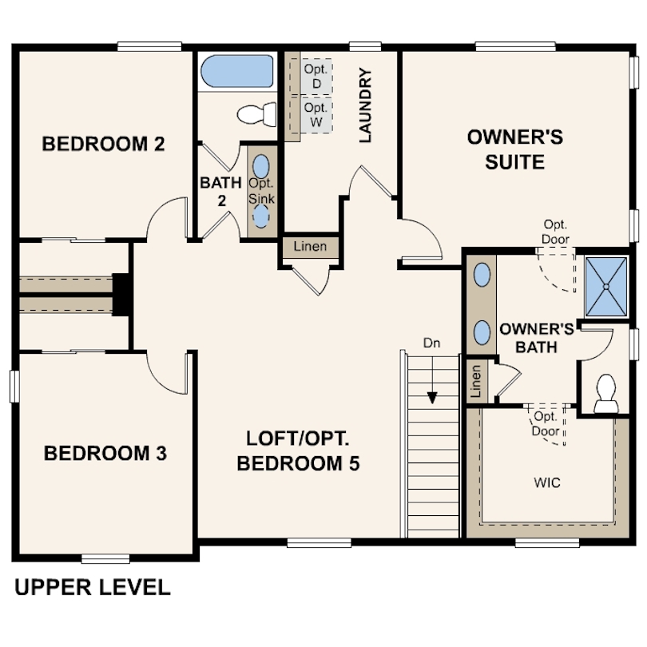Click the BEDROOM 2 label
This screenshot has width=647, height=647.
tap(103, 144)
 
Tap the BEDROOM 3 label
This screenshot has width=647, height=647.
tap(105, 454)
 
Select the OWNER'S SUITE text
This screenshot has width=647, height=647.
tap(515, 149)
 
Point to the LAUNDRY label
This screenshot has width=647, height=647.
tap(366, 105)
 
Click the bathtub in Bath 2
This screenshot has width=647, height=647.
tap(236, 73)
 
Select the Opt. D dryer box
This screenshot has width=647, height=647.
tap(316, 77)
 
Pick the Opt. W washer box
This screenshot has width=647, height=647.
tap(316, 114)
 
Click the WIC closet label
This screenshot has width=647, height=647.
tap(546, 483)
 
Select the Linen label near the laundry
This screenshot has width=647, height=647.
tap(310, 246)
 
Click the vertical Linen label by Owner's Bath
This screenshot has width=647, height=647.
tap(476, 382)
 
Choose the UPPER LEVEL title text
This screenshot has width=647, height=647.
tap(93, 588)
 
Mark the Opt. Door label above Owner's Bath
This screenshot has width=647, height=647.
tap(555, 231)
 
